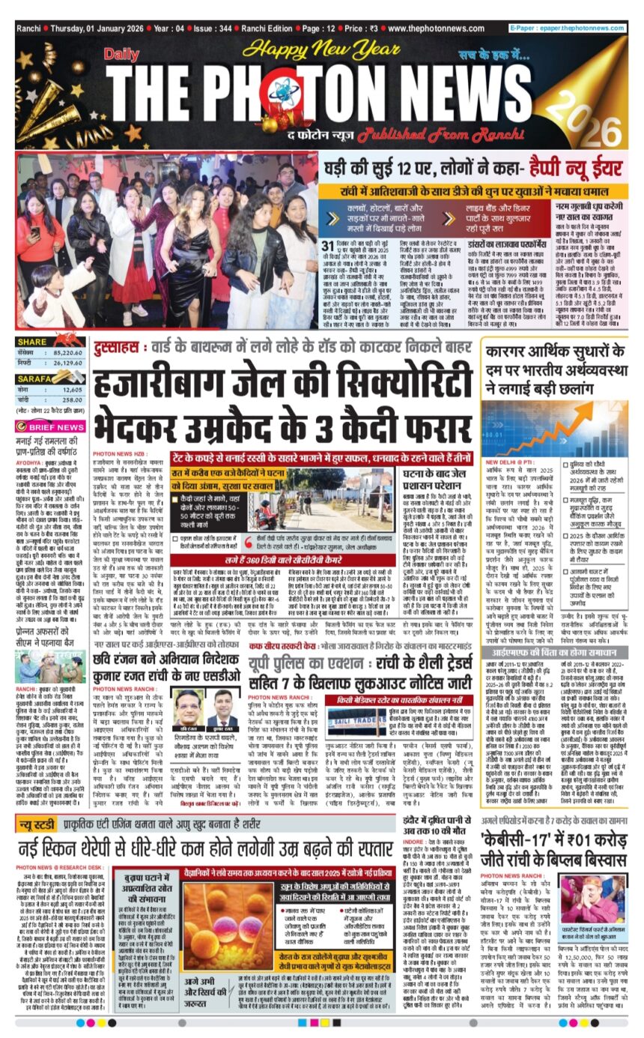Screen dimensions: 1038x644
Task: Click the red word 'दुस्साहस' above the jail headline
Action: (x=114, y=348)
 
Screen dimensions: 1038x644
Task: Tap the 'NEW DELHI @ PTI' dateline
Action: (x=508, y=462)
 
